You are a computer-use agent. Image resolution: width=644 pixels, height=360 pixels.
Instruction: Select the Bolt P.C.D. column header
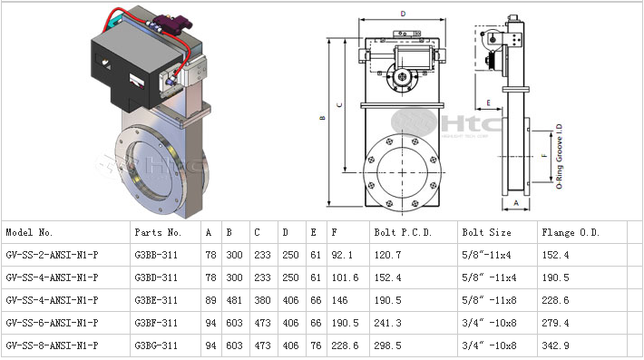(403, 233)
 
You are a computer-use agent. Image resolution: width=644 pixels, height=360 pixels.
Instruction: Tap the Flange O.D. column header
(571, 233)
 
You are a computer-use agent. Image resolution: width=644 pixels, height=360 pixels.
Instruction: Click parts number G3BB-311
(156, 256)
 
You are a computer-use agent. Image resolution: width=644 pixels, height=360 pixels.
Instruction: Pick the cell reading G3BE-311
(156, 300)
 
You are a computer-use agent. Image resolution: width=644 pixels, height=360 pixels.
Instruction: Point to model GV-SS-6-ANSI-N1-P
(53, 323)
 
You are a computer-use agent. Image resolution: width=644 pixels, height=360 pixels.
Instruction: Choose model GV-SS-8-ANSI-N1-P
(53, 345)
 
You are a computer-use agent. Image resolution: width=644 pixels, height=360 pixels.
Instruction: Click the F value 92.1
(342, 256)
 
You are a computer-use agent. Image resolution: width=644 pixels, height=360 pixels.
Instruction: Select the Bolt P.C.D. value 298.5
(387, 345)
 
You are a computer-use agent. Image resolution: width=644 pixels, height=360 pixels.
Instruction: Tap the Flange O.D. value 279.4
(555, 323)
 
